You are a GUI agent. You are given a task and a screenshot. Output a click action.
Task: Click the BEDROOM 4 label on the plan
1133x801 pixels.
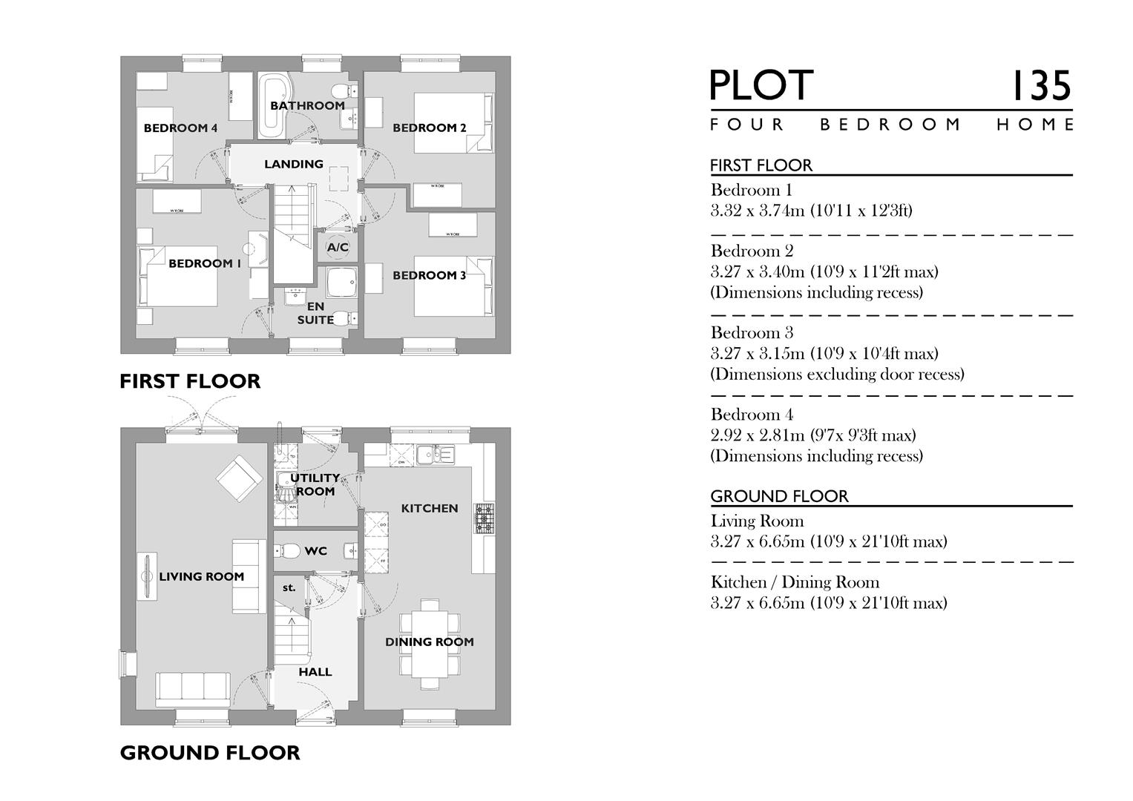coord(180,128)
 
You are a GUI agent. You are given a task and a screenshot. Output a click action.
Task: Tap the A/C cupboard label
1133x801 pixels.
coord(338,247)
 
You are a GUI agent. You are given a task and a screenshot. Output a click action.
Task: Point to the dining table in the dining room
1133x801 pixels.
coord(429,642)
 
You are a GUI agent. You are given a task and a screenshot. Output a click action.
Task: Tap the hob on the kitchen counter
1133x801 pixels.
coord(485,518)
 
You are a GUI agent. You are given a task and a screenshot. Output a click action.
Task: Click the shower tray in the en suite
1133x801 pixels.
coord(342,283)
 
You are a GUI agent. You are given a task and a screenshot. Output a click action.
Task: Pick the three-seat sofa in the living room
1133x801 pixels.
coord(192,690)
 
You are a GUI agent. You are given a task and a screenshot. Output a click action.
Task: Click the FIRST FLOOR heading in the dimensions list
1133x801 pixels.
coord(761,165)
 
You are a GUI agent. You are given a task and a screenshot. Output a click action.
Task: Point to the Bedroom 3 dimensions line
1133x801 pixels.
coord(824,354)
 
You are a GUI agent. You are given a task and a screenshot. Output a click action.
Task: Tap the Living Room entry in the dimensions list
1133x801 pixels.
coord(757,521)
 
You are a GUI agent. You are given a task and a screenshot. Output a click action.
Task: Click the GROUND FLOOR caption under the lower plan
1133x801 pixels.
coord(210,753)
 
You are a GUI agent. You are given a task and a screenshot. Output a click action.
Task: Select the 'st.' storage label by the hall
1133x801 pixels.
coord(289,587)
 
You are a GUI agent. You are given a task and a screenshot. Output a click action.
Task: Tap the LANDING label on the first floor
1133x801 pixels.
coord(294,164)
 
